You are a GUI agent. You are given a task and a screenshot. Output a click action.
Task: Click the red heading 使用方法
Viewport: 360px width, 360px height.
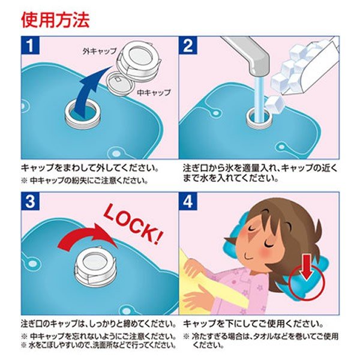pyautogui.click(x=55, y=20)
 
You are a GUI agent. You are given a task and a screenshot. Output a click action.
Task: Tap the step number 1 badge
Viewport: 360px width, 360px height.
pyautogui.click(x=30, y=46)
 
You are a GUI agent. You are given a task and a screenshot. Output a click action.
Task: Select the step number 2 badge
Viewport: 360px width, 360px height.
pyautogui.click(x=188, y=46)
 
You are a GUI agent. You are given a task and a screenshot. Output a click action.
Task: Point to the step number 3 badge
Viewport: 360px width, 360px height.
pyautogui.click(x=30, y=202)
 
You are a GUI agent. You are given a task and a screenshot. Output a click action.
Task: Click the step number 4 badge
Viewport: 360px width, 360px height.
pyautogui.click(x=188, y=202)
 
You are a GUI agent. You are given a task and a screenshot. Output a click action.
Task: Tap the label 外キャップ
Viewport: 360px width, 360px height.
pyautogui.click(x=100, y=51)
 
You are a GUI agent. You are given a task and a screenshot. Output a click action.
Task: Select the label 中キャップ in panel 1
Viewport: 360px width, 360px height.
pyautogui.click(x=154, y=92)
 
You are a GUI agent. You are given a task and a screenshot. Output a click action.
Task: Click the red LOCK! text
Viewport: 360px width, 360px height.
pyautogui.click(x=133, y=224)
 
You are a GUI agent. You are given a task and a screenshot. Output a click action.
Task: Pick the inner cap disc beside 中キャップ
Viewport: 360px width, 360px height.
pyautogui.click(x=121, y=83)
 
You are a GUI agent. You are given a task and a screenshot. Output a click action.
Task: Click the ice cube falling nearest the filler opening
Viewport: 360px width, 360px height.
pyautogui.click(x=275, y=104)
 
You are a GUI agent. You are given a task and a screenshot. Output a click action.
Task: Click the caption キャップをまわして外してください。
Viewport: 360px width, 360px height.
pyautogui.click(x=90, y=168)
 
